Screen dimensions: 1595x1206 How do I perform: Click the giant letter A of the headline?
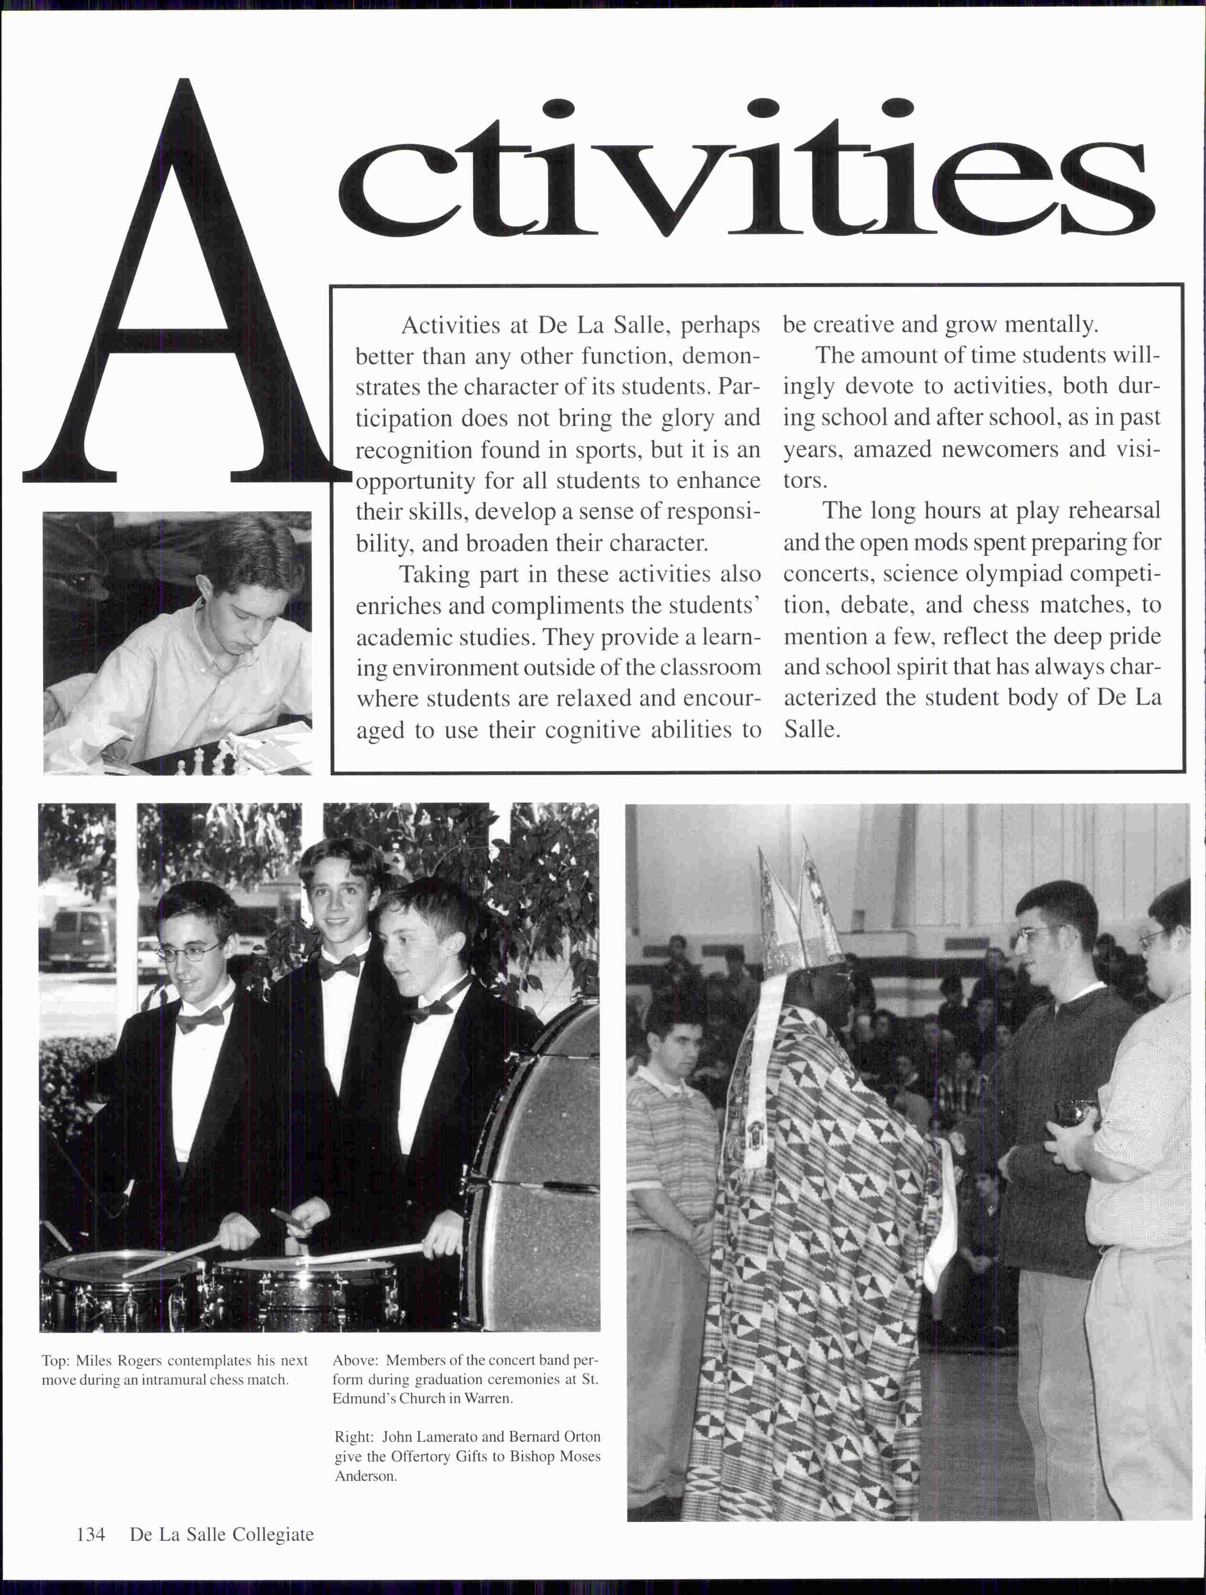pyautogui.click(x=184, y=303)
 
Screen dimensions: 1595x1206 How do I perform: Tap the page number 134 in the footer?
pyautogui.click(x=91, y=1534)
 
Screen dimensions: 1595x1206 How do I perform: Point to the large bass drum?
pyautogui.click(x=537, y=1168)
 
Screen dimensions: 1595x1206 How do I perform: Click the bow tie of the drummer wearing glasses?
pyautogui.click(x=200, y=1018)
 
